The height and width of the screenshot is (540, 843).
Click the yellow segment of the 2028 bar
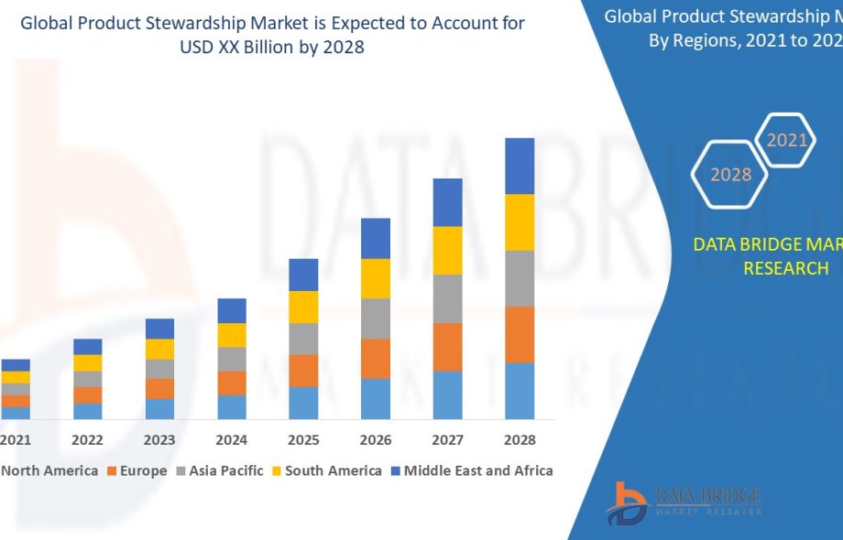520,221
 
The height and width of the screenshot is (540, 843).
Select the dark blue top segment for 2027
447,202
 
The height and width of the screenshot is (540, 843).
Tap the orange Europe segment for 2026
376,358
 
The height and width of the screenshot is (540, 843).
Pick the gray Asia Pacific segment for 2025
303,339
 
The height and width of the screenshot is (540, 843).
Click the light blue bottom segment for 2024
232,407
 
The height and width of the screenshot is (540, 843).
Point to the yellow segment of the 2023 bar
159,349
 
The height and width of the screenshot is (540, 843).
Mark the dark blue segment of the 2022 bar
88,346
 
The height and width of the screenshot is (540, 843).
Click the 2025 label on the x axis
303,440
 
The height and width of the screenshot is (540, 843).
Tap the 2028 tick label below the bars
520,440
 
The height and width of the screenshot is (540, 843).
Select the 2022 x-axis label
88,440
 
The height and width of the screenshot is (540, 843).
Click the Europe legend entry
137,470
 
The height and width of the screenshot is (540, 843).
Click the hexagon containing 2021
786,140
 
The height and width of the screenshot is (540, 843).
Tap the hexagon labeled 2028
730,174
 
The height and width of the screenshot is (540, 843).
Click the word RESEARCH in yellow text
785,268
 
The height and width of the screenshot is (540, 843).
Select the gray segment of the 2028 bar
520,278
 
